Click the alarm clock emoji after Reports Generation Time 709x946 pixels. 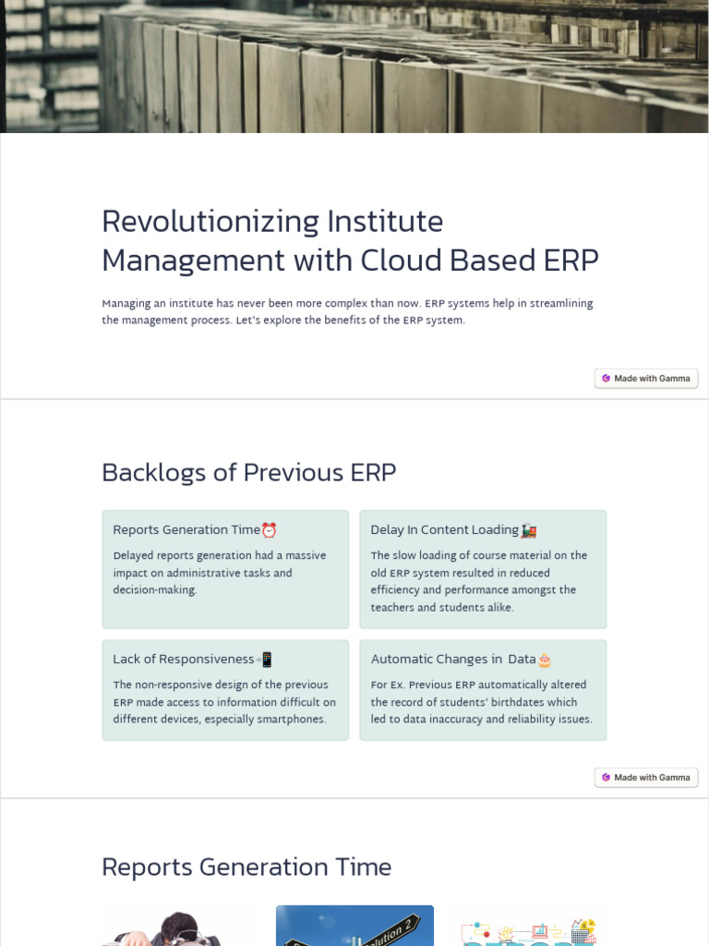click(270, 530)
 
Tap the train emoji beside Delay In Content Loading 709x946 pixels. click(529, 530)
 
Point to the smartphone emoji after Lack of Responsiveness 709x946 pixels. click(266, 660)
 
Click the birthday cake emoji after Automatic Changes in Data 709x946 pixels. click(545, 660)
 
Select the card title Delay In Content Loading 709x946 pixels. click(444, 530)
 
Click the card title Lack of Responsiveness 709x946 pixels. click(183, 660)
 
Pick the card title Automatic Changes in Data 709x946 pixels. click(452, 660)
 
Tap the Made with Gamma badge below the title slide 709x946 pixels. click(646, 378)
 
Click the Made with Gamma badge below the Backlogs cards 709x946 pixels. click(646, 777)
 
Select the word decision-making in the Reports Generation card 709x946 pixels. click(155, 590)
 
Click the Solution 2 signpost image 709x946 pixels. click(354, 926)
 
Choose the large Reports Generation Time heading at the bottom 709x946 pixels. click(246, 867)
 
